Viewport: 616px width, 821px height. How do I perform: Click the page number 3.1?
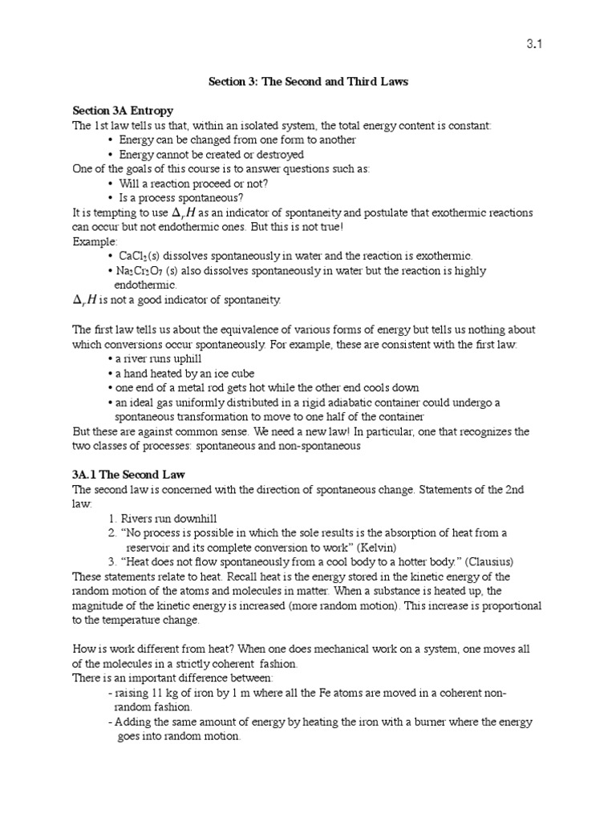tap(535, 45)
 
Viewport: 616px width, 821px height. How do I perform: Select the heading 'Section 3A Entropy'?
tap(123, 111)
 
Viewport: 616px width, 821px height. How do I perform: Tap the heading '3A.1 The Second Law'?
tap(128, 475)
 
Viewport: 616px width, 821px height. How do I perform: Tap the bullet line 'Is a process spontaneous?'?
tap(181, 197)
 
